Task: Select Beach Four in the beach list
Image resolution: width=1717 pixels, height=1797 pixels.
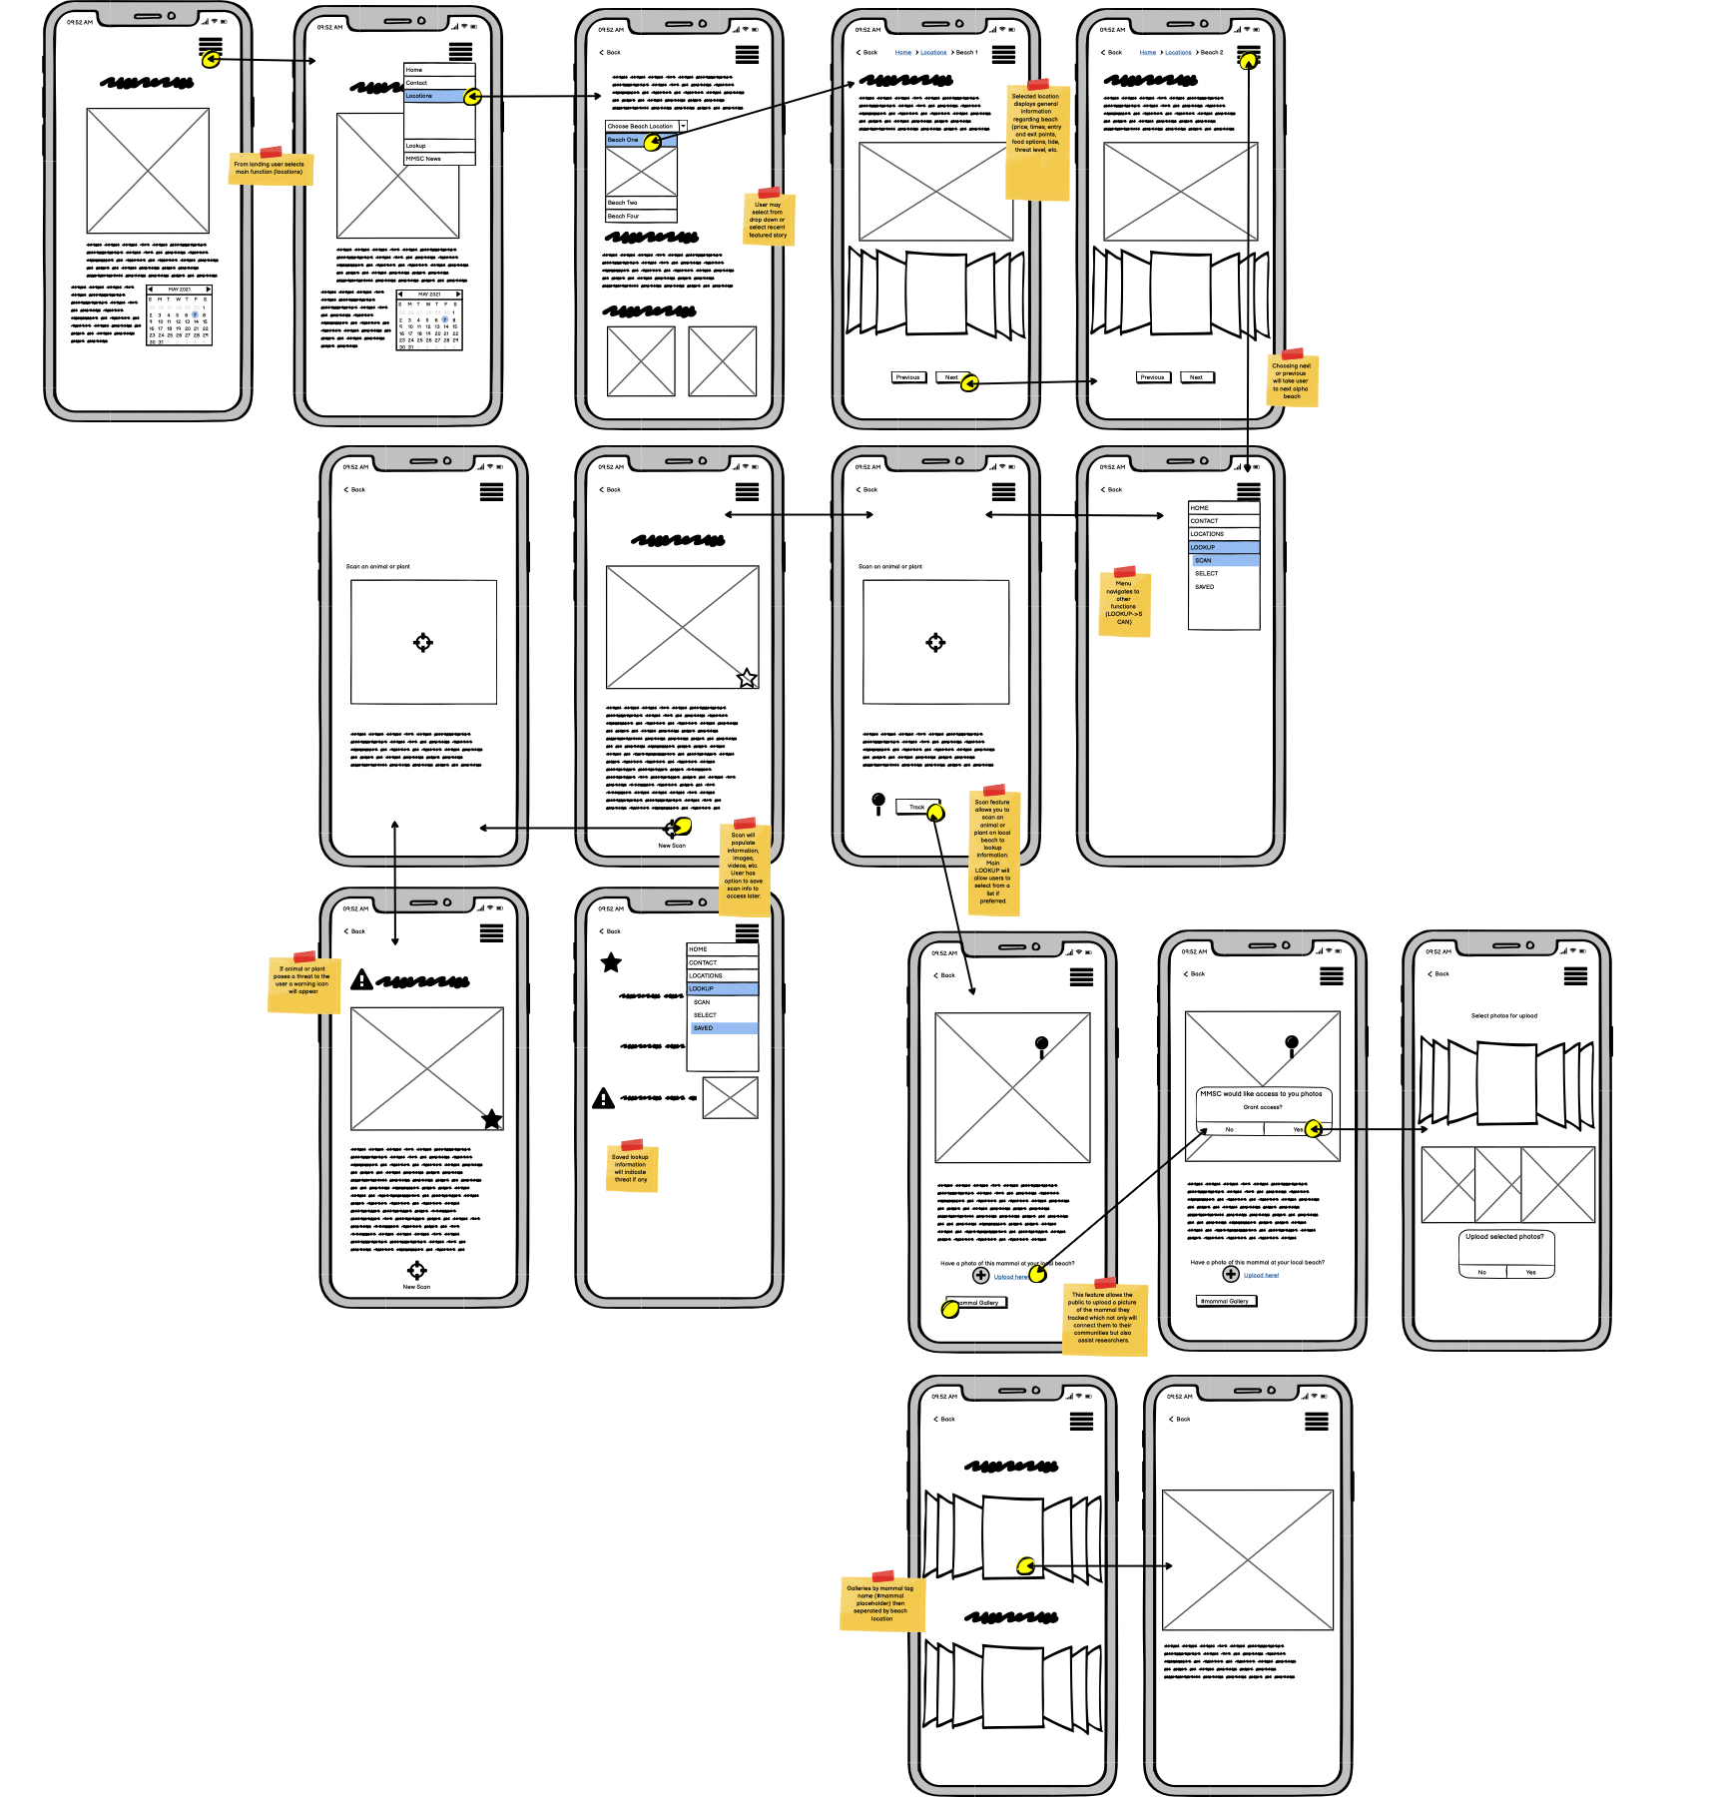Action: pos(640,216)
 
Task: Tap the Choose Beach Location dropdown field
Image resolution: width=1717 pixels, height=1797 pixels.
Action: pos(644,127)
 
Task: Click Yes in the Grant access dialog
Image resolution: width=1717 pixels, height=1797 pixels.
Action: pos(1297,1129)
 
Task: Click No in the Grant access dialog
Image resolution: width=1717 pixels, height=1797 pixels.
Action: pos(1230,1129)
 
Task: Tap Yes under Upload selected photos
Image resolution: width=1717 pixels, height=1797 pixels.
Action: pos(1530,1272)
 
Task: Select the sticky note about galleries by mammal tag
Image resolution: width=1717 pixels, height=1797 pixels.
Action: pos(881,1603)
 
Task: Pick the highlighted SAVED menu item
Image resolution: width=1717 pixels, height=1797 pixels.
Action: pos(722,1028)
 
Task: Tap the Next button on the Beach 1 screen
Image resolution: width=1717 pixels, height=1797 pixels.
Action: pos(950,377)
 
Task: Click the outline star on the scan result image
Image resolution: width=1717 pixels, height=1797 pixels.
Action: pos(747,679)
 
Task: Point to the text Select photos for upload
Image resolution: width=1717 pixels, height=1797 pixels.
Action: pos(1503,1015)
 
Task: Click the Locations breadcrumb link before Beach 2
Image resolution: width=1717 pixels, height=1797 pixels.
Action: pos(1178,52)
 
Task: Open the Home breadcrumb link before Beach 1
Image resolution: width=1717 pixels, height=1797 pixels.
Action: pos(902,52)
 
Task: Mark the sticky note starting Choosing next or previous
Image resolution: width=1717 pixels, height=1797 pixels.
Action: pos(1292,380)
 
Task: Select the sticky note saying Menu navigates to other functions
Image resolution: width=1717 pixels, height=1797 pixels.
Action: pos(1124,604)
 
